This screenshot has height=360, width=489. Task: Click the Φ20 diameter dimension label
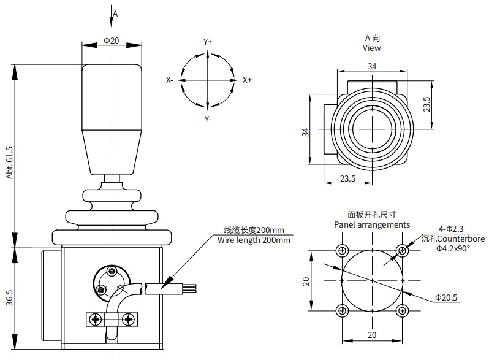point(112,40)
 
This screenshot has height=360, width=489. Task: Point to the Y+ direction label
point(208,42)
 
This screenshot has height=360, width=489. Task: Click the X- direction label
point(170,80)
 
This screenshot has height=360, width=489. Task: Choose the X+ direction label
point(247,80)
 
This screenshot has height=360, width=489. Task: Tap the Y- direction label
point(208,118)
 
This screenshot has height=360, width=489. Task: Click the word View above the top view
point(371,48)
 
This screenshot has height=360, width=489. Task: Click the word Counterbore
point(460,239)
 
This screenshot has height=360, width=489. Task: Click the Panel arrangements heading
point(372,224)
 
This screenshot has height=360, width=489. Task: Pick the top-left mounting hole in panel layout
point(341,250)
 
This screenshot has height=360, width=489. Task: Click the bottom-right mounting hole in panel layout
point(402,310)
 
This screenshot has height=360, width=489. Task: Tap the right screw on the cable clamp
point(128,319)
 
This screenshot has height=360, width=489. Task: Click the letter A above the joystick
point(115,12)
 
